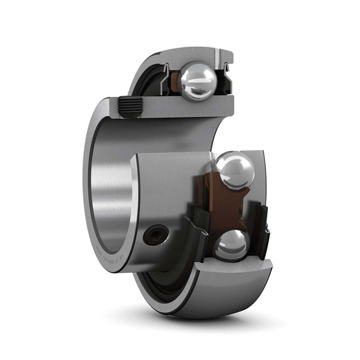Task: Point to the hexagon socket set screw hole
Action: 152,234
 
